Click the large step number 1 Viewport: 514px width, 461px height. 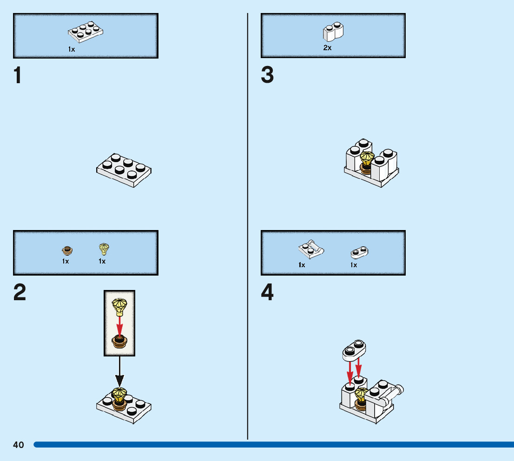[x=18, y=76]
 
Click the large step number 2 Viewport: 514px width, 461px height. [x=20, y=293]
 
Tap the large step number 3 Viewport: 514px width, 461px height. [x=267, y=76]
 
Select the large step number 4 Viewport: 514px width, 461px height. [x=267, y=293]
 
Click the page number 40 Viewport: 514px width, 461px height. [x=18, y=445]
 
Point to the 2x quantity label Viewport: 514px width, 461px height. [x=327, y=48]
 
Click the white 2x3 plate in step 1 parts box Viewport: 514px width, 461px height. [x=86, y=31]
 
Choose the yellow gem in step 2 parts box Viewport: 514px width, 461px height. [x=104, y=249]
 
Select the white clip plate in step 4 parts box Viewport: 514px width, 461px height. [x=310, y=250]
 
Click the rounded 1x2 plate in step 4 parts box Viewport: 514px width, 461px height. [x=359, y=252]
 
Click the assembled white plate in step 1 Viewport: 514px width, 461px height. [x=124, y=170]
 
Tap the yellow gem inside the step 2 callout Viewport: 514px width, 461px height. [x=119, y=307]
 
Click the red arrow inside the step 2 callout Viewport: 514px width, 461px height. [x=119, y=325]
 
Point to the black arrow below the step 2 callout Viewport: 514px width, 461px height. [x=119, y=372]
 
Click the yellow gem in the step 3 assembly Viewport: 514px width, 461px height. [x=367, y=159]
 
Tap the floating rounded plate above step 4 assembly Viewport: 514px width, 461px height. [x=354, y=350]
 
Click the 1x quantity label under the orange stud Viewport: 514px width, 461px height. [x=66, y=261]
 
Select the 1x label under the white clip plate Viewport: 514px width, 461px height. [x=302, y=265]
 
